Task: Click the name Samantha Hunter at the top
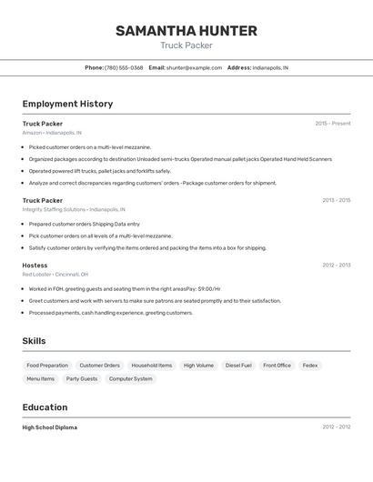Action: pyautogui.click(x=186, y=31)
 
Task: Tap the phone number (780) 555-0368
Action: pyautogui.click(x=124, y=67)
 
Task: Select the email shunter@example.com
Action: pyautogui.click(x=194, y=67)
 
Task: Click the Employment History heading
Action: pyautogui.click(x=67, y=104)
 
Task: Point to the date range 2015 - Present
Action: pyautogui.click(x=332, y=124)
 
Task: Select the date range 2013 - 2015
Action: pyautogui.click(x=336, y=200)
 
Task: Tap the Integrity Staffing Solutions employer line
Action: pyautogui.click(x=74, y=209)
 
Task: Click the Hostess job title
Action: pyautogui.click(x=35, y=266)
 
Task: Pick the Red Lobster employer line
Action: pyautogui.click(x=55, y=275)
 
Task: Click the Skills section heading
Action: pyautogui.click(x=35, y=341)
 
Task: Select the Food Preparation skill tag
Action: pyautogui.click(x=47, y=366)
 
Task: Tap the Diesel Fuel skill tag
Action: pyautogui.click(x=238, y=366)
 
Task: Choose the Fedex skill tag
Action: pyautogui.click(x=310, y=366)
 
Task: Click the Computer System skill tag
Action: pyautogui.click(x=130, y=379)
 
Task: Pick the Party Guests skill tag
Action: pyautogui.click(x=82, y=379)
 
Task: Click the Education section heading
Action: pyautogui.click(x=45, y=407)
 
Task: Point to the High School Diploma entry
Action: pyautogui.click(x=50, y=427)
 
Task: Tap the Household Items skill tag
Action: pyautogui.click(x=152, y=366)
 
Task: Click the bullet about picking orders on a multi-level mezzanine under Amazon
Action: pyautogui.click(x=89, y=146)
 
